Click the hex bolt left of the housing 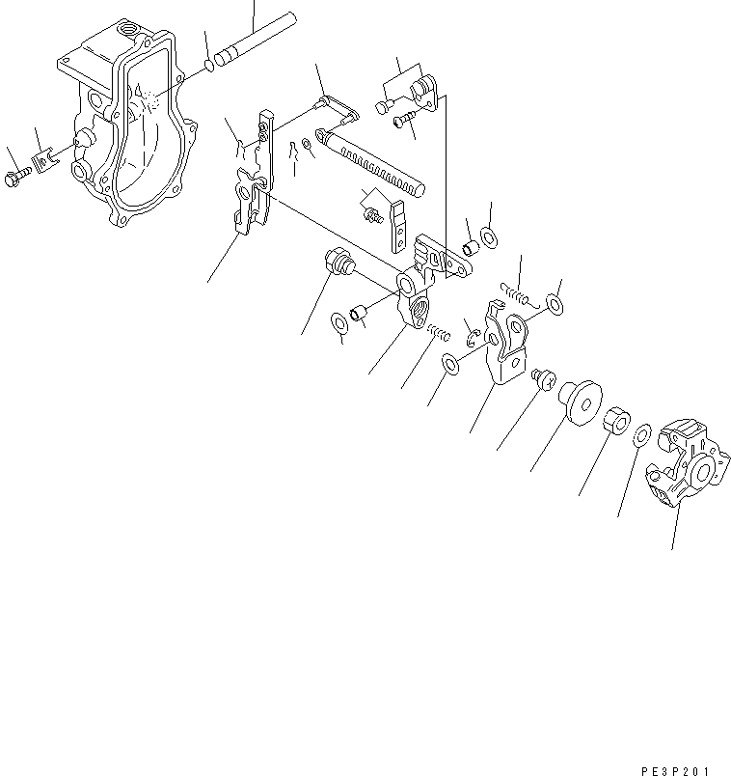click(18, 180)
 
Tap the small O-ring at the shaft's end click(208, 68)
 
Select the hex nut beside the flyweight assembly click(617, 423)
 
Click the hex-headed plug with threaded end click(338, 262)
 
